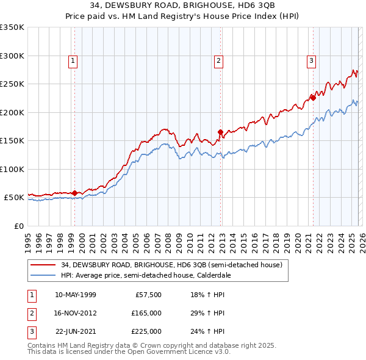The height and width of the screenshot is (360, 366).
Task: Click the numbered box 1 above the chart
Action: pyautogui.click(x=73, y=60)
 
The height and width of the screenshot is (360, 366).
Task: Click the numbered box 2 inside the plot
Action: pyautogui.click(x=218, y=60)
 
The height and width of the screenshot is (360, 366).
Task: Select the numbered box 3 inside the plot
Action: pyautogui.click(x=311, y=60)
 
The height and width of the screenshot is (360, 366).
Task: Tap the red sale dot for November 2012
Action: pyautogui.click(x=220, y=132)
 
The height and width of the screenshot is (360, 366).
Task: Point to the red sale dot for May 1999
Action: pyautogui.click(x=75, y=193)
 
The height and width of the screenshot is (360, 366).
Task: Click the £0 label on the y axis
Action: pyautogui.click(x=18, y=226)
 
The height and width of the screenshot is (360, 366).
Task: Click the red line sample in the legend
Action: pyautogui.click(x=43, y=265)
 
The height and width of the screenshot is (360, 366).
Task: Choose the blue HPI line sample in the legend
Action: pyautogui.click(x=43, y=275)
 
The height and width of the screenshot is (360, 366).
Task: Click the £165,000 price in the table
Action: pyautogui.click(x=147, y=312)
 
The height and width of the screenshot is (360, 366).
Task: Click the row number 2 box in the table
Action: pyautogui.click(x=30, y=312)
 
